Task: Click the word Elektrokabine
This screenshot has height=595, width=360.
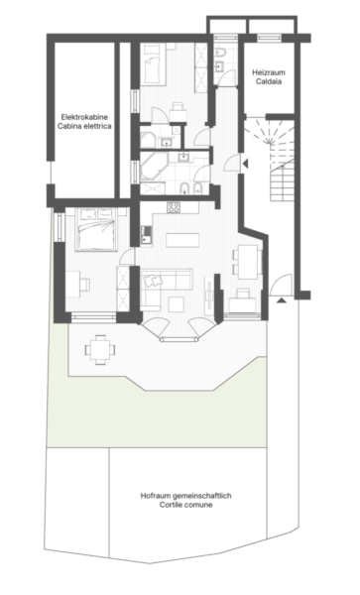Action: coord(84,117)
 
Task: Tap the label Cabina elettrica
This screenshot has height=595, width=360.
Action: coord(84,126)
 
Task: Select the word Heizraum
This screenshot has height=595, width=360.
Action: coord(269,72)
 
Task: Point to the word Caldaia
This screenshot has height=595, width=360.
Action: coord(269,81)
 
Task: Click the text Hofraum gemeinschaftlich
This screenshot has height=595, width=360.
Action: coord(185,496)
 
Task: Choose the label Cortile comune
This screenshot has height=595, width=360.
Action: coord(185,505)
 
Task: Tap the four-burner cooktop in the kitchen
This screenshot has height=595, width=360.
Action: coord(174,207)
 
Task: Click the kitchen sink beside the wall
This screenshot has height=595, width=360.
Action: coord(146,234)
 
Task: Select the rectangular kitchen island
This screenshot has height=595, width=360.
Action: coord(182,240)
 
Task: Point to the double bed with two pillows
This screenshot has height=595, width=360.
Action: coord(96,229)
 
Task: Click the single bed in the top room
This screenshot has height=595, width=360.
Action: coord(154,64)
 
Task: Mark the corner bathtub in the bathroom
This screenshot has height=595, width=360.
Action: coord(153,167)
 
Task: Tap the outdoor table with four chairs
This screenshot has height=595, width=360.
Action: coord(100,349)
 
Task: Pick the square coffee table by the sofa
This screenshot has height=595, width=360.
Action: coord(177,304)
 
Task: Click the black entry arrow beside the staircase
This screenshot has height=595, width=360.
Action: coord(245,164)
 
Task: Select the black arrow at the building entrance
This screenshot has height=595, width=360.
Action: coord(281,300)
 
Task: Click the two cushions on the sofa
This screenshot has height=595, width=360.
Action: coord(153,280)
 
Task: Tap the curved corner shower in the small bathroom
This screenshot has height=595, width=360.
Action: coord(148,140)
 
